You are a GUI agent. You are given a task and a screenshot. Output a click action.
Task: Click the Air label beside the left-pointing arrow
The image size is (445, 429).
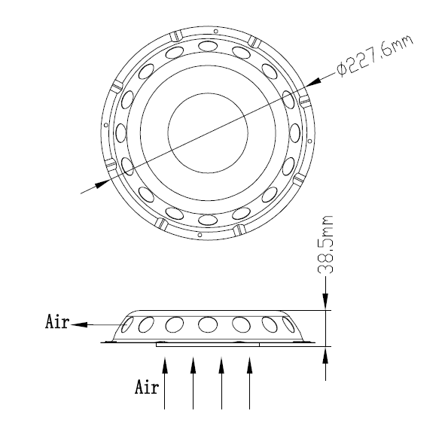57,322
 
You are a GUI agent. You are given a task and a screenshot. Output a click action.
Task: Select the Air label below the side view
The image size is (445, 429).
146,387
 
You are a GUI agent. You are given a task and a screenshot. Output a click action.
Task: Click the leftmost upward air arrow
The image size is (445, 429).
165,383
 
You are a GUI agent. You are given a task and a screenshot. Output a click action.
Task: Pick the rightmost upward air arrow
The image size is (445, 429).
249,383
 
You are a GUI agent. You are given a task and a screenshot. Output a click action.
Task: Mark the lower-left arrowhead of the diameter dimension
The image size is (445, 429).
102,184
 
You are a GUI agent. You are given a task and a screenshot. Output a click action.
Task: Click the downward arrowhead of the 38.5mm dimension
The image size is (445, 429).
325,301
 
